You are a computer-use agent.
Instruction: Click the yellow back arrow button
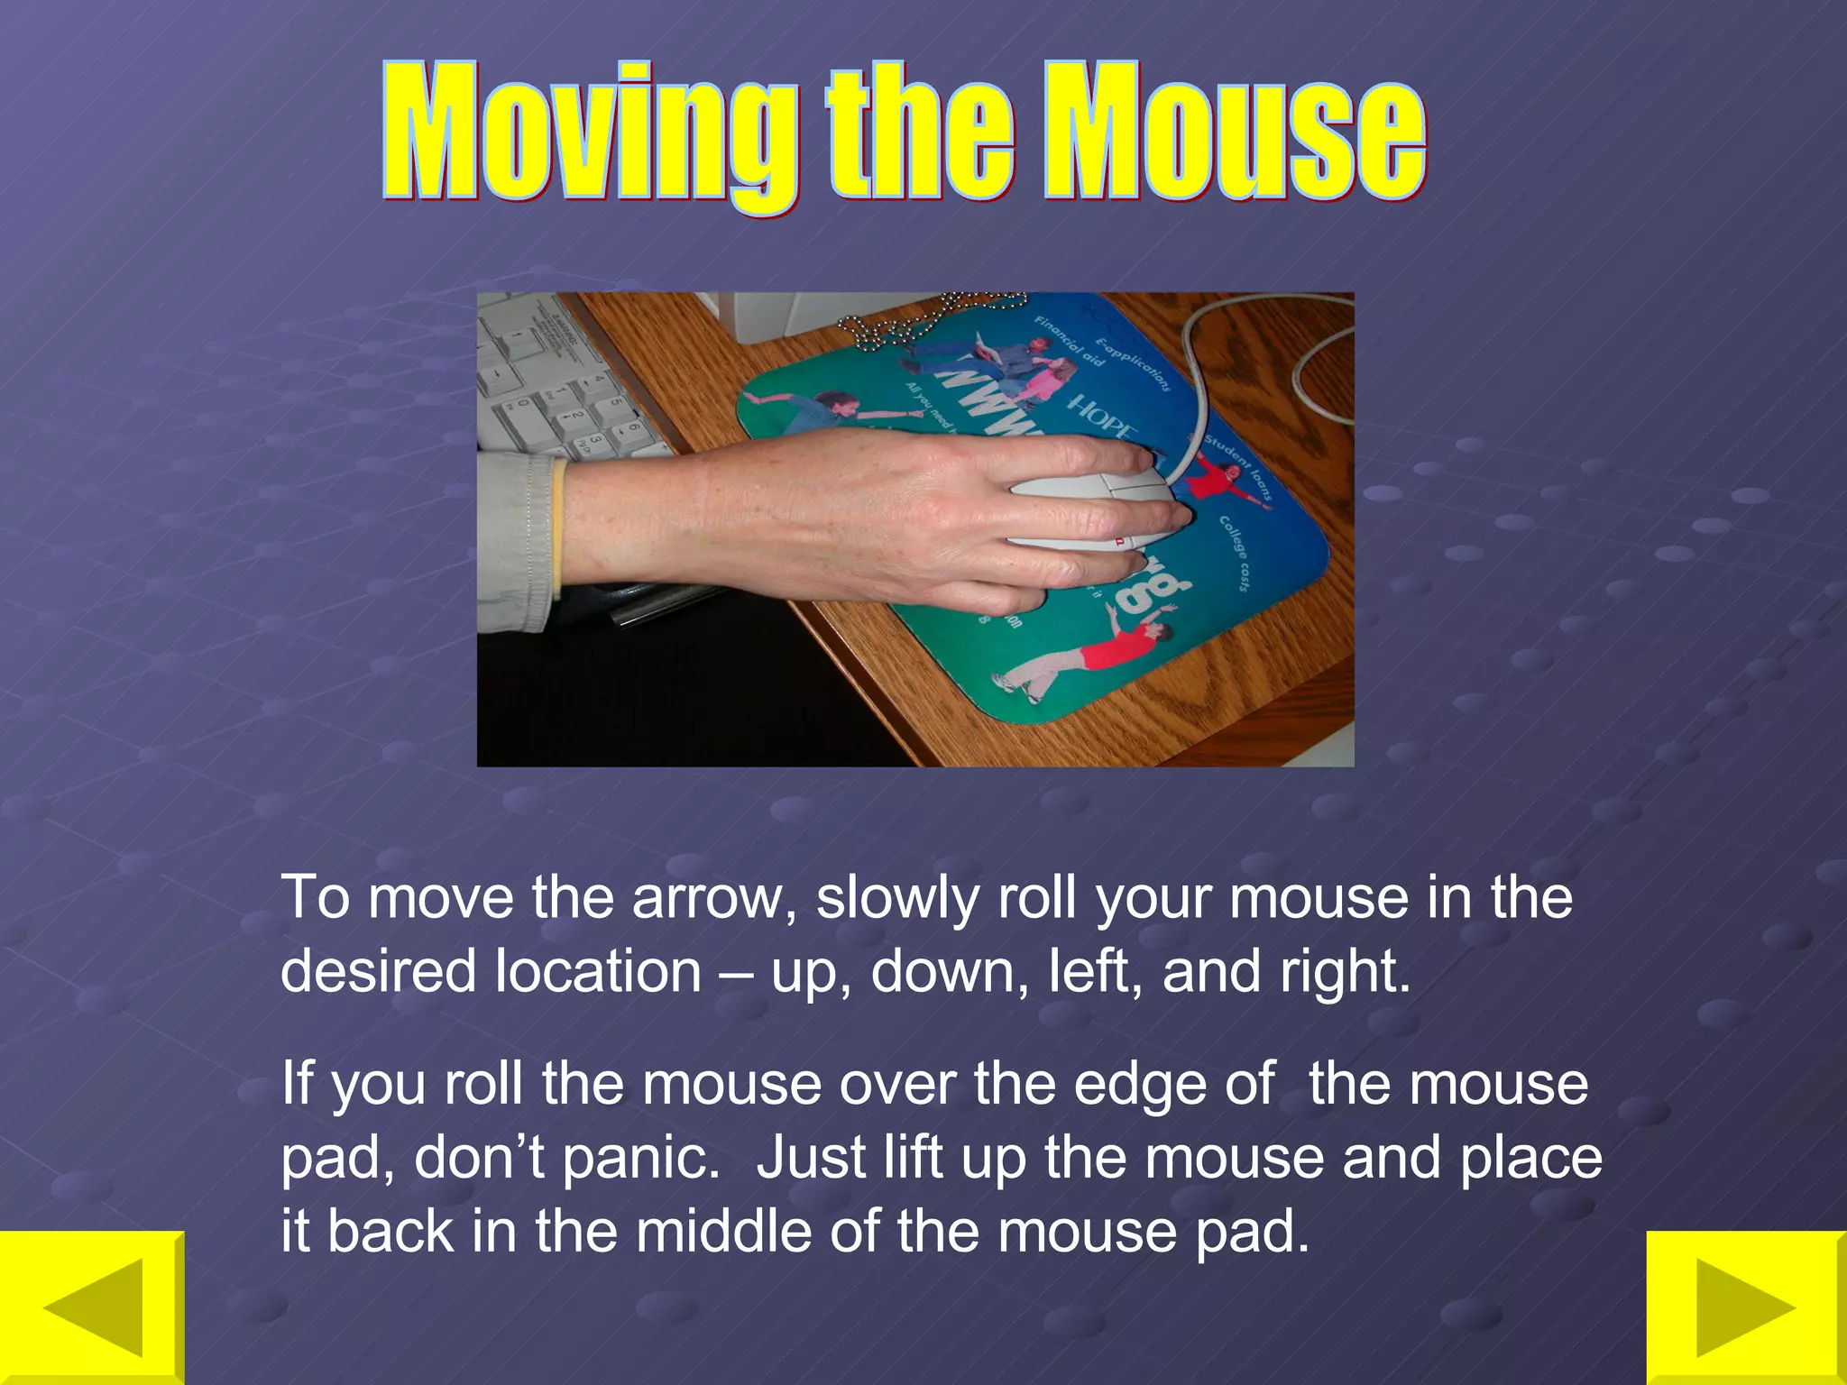pos(92,1307)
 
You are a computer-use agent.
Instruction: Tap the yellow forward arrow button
pos(1746,1307)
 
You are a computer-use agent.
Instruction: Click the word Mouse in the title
pos(1236,135)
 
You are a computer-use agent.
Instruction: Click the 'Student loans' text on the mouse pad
pos(1239,468)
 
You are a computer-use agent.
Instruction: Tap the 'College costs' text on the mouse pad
pos(1235,553)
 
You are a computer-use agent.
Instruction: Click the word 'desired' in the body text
pos(378,972)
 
